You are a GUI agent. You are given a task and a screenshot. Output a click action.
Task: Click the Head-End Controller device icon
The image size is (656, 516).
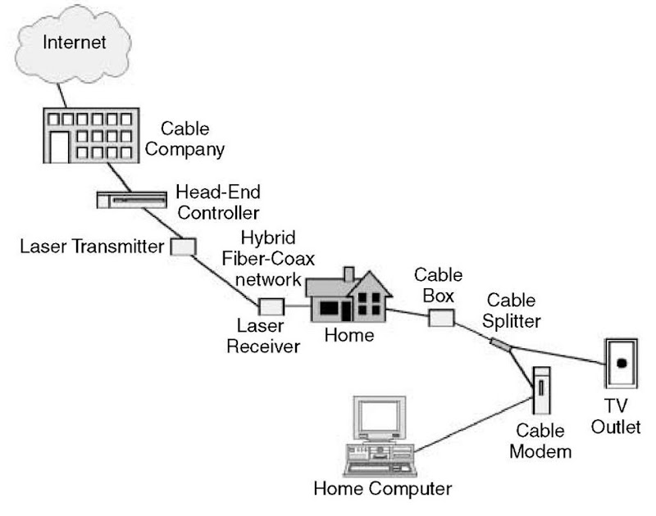(x=130, y=199)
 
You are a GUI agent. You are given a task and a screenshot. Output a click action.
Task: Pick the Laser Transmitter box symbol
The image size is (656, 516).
(x=182, y=246)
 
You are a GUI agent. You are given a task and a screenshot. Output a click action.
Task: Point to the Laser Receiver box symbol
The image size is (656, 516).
(x=271, y=306)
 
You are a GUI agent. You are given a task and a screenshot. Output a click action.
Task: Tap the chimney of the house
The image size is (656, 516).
(x=348, y=275)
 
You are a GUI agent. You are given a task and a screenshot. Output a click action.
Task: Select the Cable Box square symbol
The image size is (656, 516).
(x=441, y=316)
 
